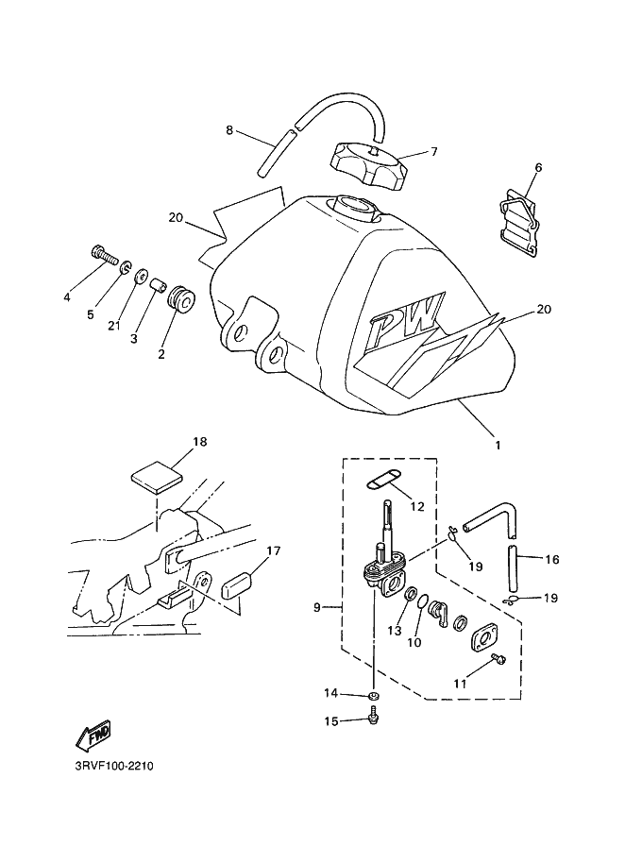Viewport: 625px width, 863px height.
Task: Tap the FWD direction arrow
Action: pyautogui.click(x=93, y=735)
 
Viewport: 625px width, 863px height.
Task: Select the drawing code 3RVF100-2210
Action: pyautogui.click(x=114, y=766)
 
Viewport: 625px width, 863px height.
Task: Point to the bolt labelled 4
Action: pyautogui.click(x=105, y=255)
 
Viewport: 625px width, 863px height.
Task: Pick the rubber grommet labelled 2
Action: pyautogui.click(x=181, y=301)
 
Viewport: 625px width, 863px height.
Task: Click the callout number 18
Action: pyautogui.click(x=200, y=442)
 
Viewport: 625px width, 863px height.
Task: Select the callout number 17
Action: pyautogui.click(x=274, y=550)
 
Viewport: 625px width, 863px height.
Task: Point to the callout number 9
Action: pyautogui.click(x=316, y=608)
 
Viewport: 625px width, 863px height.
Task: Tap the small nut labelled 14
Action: pyautogui.click(x=374, y=696)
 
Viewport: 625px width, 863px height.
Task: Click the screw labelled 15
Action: pyautogui.click(x=374, y=716)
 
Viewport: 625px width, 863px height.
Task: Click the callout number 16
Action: pyautogui.click(x=551, y=560)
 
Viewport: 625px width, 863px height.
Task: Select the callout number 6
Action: pyautogui.click(x=539, y=167)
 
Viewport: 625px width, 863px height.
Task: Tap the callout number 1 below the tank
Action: pyautogui.click(x=498, y=446)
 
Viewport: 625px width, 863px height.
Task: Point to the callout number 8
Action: pyautogui.click(x=229, y=130)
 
